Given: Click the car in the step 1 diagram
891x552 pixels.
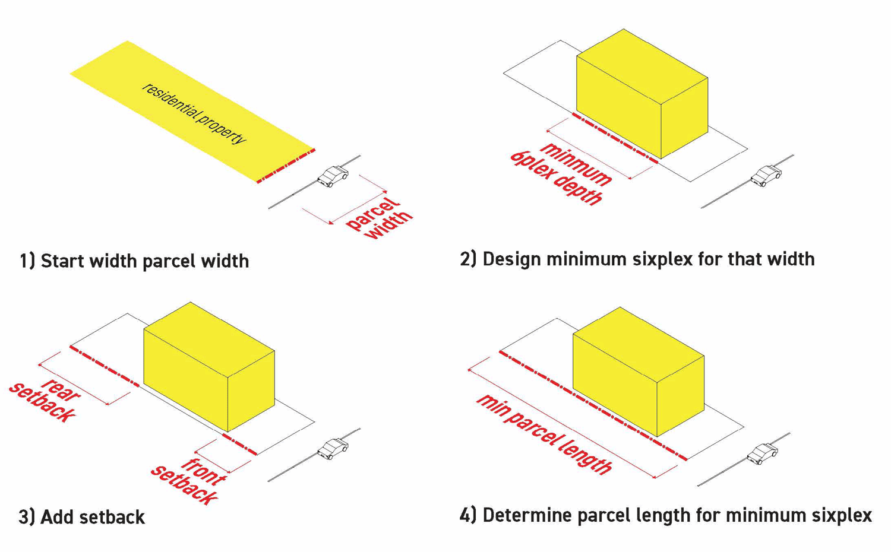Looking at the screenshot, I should [x=333, y=176].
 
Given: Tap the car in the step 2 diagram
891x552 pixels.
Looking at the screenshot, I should [x=766, y=176].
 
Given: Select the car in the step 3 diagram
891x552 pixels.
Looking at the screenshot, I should [x=333, y=449].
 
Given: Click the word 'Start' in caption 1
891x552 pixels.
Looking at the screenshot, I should [x=62, y=261].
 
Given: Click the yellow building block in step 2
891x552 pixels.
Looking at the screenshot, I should [x=642, y=95].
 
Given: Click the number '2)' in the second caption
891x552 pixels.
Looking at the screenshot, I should [x=468, y=259].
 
